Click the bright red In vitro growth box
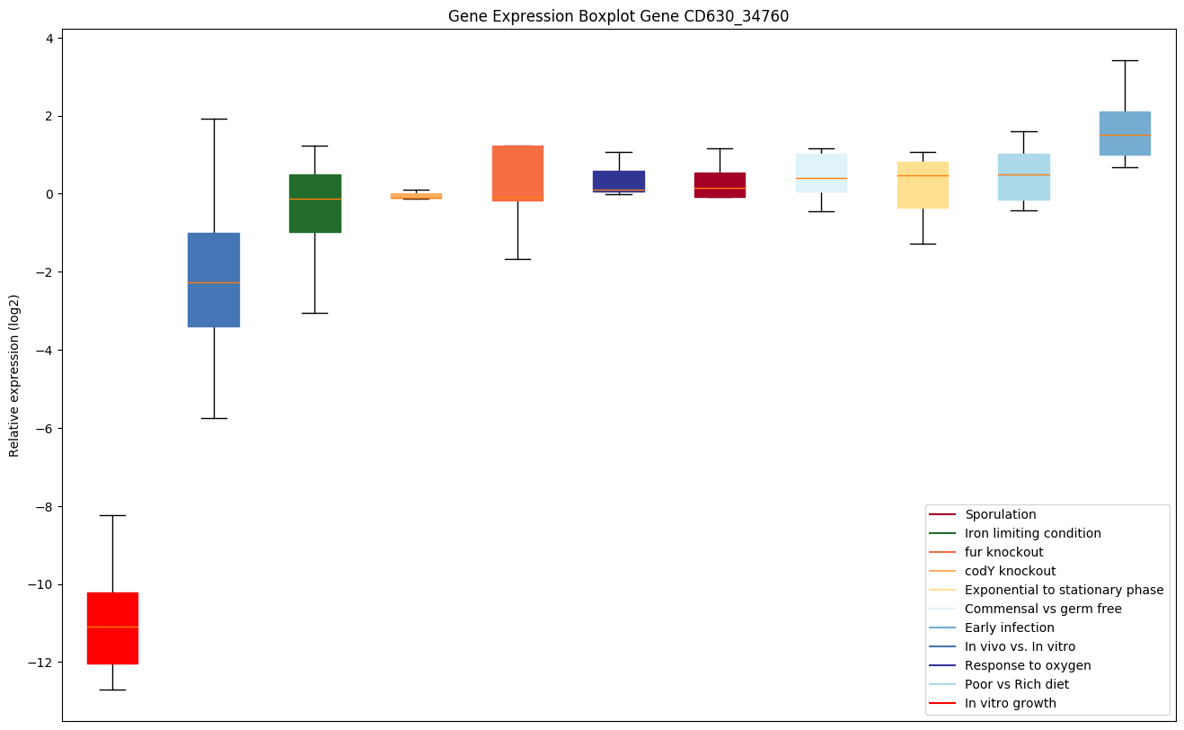[112, 628]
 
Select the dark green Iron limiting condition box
[314, 203]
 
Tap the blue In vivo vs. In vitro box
[214, 280]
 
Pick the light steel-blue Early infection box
[1125, 133]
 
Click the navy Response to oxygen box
[618, 181]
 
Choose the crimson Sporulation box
[720, 184]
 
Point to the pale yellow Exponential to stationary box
[923, 184]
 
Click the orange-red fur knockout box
[517, 173]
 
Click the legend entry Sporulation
[1000, 514]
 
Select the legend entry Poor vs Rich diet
[1017, 684]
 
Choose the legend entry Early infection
[1009, 628]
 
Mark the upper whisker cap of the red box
[112, 515]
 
